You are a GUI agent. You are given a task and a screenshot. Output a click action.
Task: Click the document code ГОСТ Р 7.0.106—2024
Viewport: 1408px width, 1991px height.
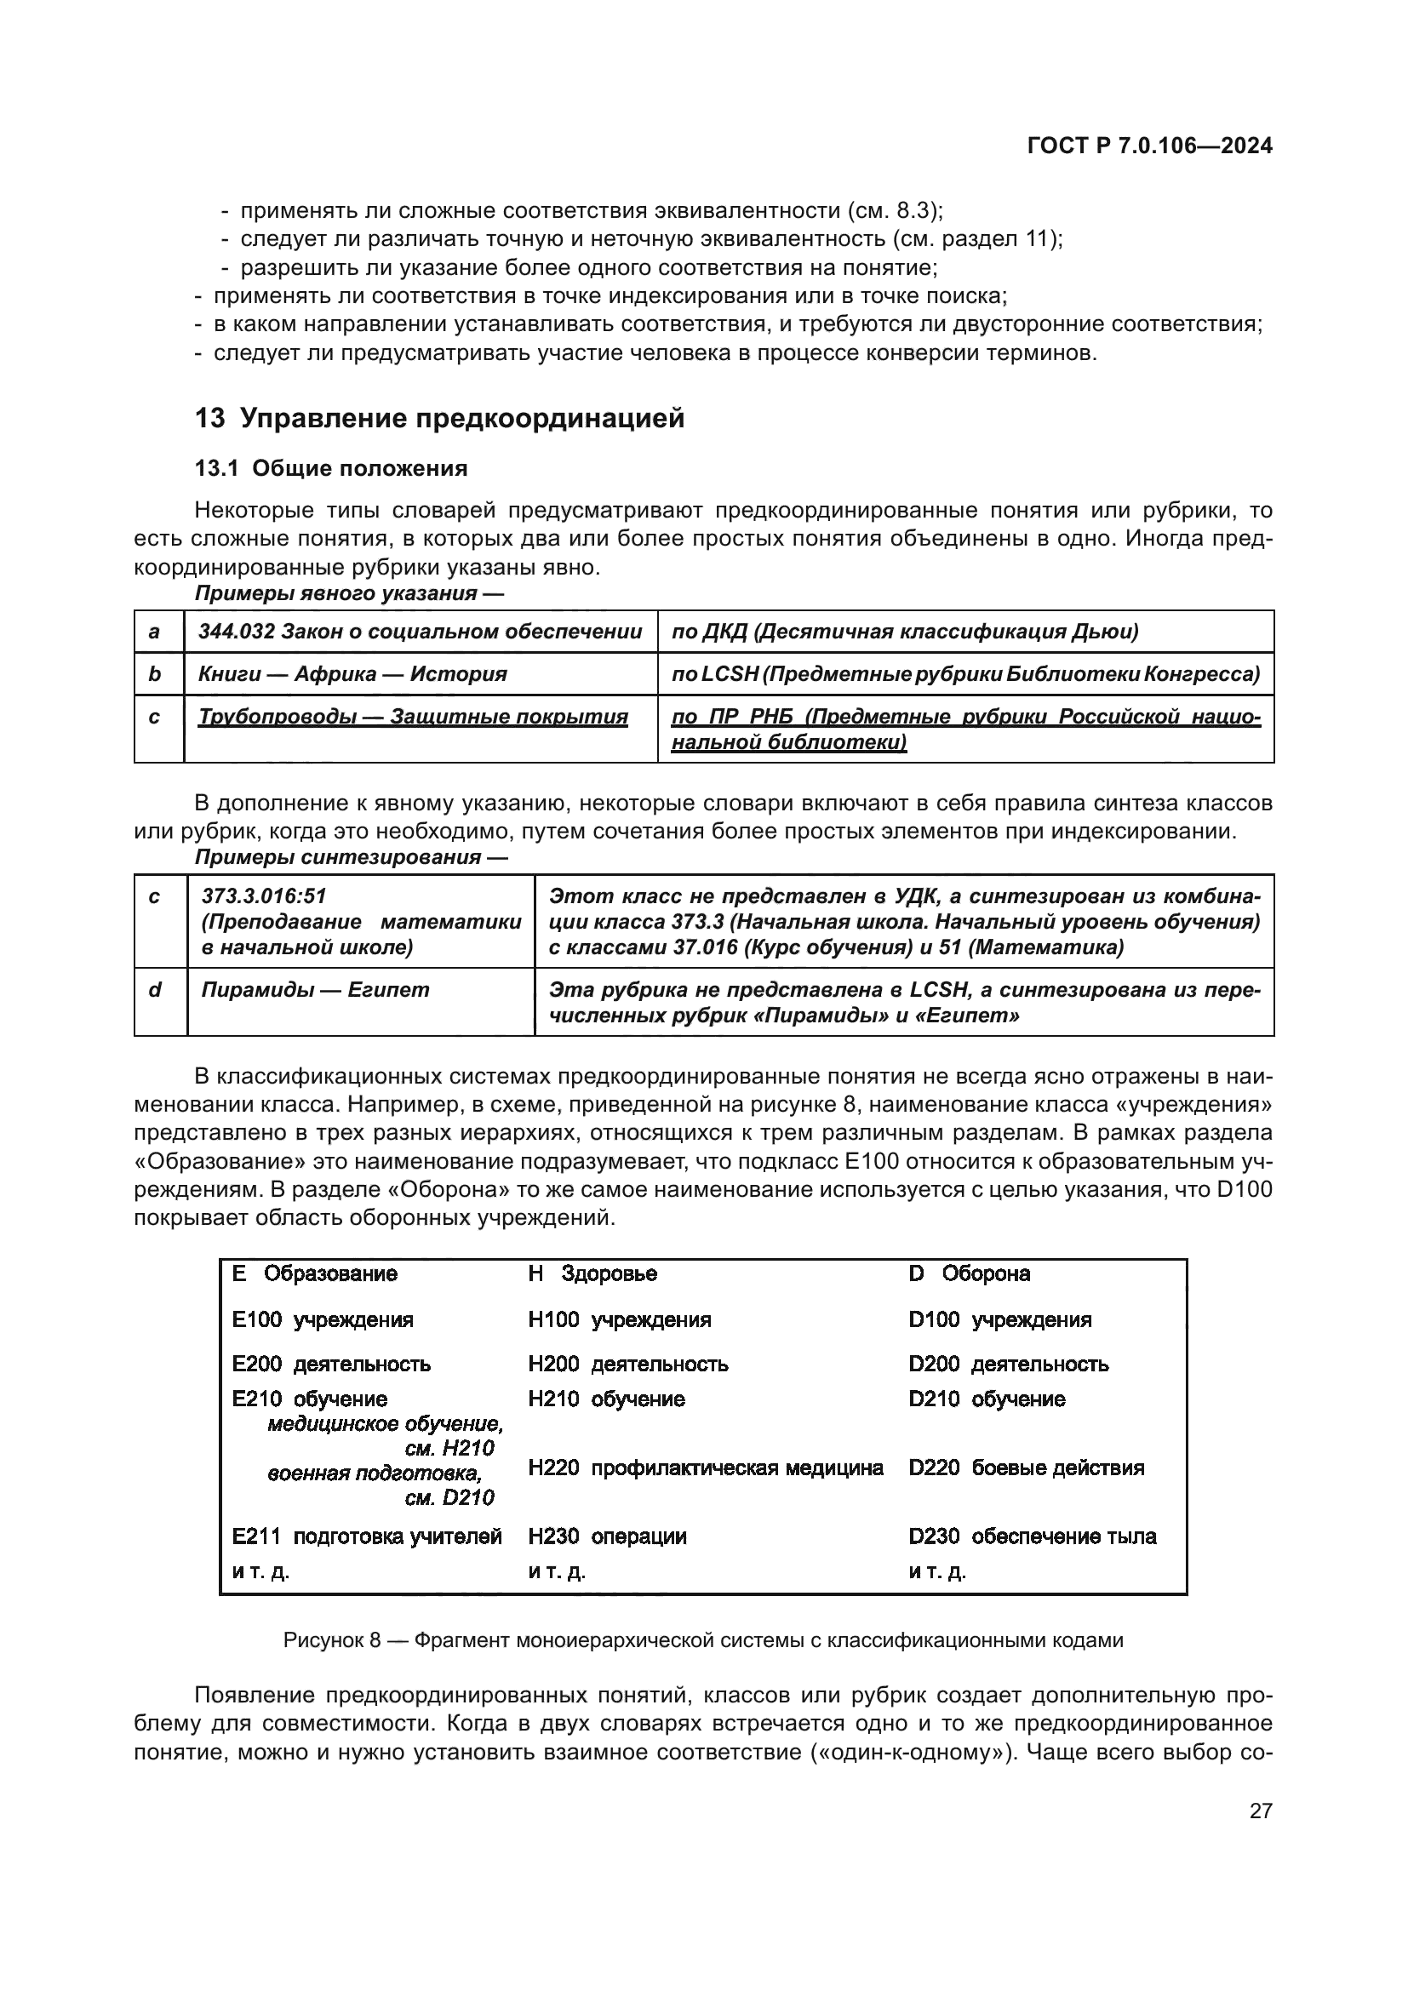1148,146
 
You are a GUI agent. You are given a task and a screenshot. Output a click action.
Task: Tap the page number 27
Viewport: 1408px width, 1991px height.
1261,1811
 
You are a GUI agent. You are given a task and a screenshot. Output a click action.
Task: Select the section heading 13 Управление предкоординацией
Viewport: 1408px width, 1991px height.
439,418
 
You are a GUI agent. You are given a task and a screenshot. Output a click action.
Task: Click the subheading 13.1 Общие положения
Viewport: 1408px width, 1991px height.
331,469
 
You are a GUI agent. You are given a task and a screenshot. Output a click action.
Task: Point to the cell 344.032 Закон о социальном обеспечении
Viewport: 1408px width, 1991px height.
420,632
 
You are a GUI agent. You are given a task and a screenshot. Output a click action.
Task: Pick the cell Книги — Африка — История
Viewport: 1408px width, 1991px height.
352,674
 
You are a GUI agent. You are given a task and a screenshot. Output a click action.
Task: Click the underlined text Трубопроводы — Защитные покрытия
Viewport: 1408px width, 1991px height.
413,717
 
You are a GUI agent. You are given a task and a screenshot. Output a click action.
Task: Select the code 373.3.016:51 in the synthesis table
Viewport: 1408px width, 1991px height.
264,895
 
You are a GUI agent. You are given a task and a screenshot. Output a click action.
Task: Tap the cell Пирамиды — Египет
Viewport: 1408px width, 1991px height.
315,989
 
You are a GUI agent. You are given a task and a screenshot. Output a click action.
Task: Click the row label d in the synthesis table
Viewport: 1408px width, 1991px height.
155,989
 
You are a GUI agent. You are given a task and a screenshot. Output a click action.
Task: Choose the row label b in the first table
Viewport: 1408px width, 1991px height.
154,674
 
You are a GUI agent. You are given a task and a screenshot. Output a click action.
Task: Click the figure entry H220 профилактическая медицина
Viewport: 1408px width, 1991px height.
706,1468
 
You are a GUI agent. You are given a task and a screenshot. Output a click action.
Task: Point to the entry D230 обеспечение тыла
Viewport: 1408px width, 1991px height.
1032,1536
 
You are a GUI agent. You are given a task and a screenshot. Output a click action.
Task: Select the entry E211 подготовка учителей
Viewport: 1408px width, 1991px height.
367,1536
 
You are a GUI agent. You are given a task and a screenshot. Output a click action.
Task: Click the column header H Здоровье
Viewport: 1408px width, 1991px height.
592,1274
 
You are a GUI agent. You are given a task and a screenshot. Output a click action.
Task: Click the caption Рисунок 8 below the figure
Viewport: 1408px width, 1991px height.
702,1640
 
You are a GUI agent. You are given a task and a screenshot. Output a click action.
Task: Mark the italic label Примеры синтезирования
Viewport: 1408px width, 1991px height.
350,857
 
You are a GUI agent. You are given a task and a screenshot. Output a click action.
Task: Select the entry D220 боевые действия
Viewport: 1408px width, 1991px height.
1026,1468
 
